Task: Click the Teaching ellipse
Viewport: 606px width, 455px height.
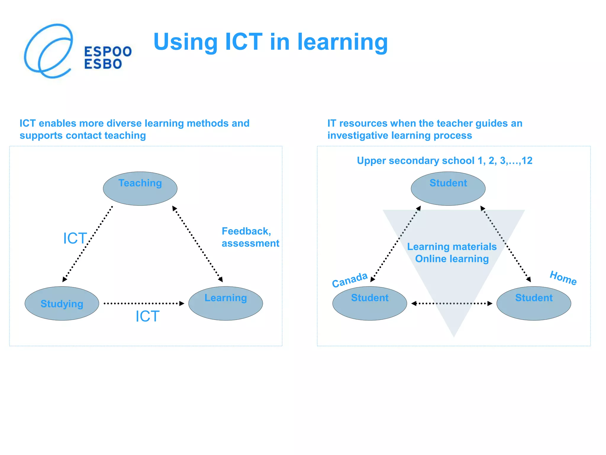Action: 140,189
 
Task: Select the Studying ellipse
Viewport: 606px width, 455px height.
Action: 62,303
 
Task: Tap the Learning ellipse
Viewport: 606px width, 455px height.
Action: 225,303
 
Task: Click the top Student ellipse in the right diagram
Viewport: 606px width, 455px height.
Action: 448,189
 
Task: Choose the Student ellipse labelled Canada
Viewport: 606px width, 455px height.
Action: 370,303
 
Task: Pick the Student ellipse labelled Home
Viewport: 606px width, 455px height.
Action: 534,303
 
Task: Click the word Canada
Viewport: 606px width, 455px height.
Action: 349,280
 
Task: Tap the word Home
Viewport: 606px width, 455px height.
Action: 563,278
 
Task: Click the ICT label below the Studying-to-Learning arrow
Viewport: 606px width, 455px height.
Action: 147,316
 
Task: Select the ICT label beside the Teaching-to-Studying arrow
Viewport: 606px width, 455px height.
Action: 75,238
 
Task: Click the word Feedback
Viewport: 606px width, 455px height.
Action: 246,231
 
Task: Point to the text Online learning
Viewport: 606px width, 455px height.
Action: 452,259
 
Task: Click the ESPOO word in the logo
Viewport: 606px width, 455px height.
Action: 108,52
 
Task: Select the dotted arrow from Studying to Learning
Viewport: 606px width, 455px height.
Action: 144,303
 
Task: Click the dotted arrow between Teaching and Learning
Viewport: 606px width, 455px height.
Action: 197,244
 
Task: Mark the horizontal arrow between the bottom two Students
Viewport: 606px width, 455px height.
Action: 452,303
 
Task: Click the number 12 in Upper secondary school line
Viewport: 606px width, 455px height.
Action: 527,161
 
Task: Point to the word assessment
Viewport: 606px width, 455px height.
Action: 250,243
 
